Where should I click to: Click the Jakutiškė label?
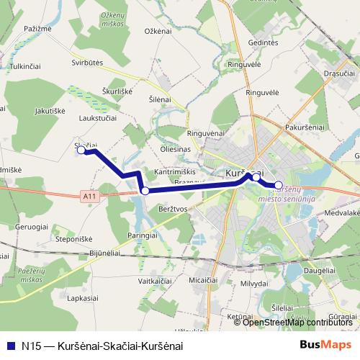50,111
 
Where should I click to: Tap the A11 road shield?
89,195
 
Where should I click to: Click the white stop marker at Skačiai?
81,150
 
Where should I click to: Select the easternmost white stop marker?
279,184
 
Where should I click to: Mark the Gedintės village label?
263,43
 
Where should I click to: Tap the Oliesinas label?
176,149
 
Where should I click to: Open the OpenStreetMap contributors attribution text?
297,322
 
